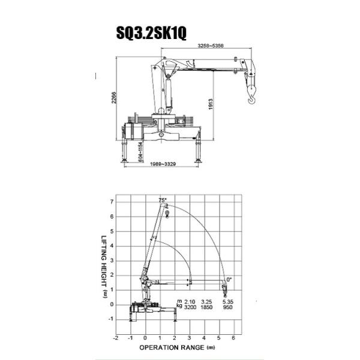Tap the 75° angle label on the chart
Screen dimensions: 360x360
[x=162, y=200]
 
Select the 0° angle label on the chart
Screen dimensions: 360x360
[x=229, y=279]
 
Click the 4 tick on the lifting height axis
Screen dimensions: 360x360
[x=111, y=247]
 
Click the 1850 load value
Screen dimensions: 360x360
[x=208, y=307]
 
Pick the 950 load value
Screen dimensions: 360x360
[x=226, y=307]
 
